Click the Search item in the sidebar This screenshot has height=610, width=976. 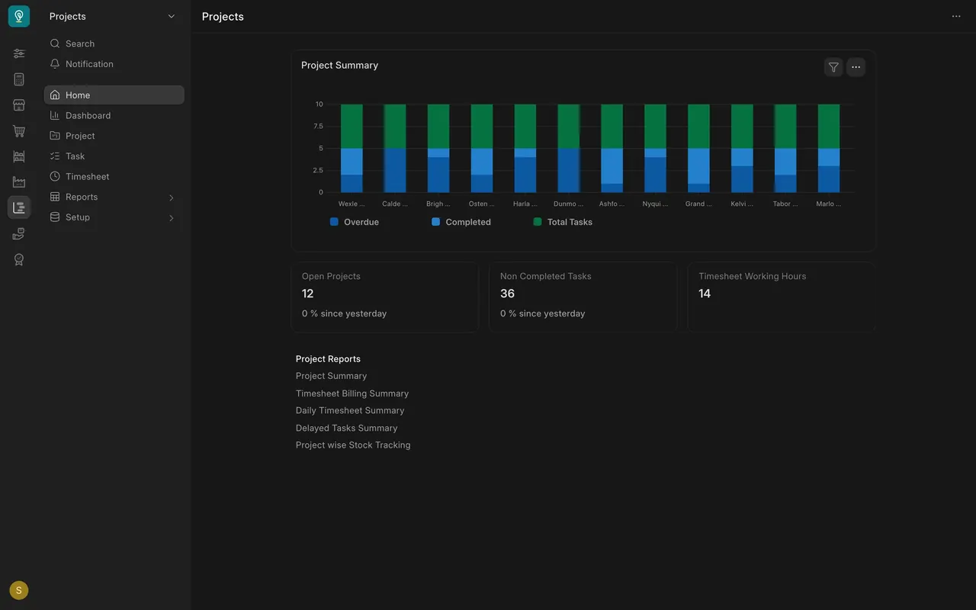[x=72, y=43]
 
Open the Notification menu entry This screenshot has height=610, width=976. [x=82, y=64]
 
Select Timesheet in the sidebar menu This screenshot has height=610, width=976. [x=79, y=176]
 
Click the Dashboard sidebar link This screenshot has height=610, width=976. [x=80, y=115]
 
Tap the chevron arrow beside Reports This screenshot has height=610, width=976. [x=172, y=197]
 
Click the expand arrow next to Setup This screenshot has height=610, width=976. [x=172, y=218]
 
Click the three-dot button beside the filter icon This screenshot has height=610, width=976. [x=856, y=67]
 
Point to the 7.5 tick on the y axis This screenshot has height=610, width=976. [x=318, y=127]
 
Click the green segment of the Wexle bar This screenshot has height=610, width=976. [x=352, y=127]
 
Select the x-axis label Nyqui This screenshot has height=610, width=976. [x=655, y=204]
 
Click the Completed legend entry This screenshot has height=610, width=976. [x=461, y=222]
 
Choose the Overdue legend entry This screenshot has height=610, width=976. [x=355, y=222]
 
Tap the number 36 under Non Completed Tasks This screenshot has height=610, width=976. [x=507, y=294]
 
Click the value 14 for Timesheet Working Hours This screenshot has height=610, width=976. [x=705, y=294]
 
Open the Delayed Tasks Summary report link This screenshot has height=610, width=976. [x=346, y=428]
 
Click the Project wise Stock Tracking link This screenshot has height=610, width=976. [x=353, y=445]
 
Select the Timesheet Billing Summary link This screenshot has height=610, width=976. [x=352, y=393]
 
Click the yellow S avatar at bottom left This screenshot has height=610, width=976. [x=19, y=590]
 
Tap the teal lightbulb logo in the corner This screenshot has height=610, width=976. [x=19, y=16]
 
